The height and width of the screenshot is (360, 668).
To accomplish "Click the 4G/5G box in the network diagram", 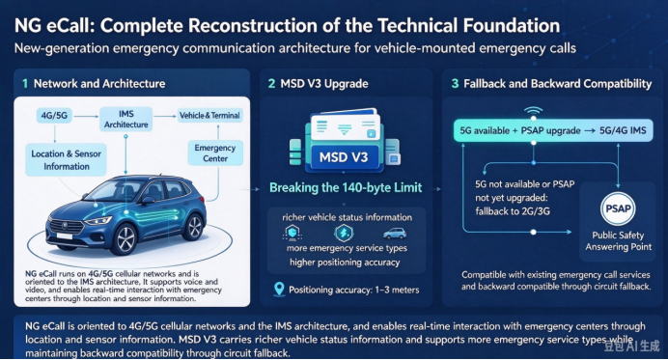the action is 54,116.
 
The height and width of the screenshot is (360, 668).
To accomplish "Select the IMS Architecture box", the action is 126,120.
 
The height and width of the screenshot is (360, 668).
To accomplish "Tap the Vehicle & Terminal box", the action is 209,116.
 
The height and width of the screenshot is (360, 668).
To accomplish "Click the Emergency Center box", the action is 215,152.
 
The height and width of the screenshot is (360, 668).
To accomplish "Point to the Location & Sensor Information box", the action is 66,160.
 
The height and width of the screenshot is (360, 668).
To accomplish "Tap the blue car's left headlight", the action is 98,221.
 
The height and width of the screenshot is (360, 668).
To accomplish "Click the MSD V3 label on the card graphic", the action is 344,157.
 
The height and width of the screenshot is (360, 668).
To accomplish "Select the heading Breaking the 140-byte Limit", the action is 346,187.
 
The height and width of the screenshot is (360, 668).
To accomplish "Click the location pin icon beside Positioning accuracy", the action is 279,290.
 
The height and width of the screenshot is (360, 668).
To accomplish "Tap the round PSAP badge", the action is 618,208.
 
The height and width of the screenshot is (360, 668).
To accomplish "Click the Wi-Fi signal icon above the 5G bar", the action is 533,112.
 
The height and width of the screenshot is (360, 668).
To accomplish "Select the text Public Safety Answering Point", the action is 618,241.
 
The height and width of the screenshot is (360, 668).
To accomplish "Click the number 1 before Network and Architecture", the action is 25,84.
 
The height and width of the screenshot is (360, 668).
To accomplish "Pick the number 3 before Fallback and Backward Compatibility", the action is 455,84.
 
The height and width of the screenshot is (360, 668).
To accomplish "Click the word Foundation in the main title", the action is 512,26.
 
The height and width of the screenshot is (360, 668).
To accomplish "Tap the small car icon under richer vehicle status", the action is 395,233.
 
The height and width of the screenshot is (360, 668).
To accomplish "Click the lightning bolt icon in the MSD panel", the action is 344,233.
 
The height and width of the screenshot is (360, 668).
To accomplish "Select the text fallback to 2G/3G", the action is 513,211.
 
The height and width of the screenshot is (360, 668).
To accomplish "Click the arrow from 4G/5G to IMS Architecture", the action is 86,116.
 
